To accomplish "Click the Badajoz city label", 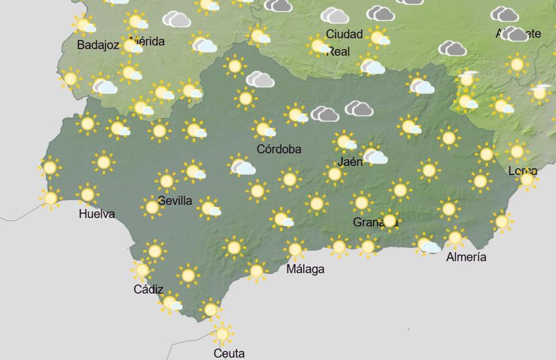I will tap(98, 45).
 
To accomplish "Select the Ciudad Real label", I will tap(343, 42).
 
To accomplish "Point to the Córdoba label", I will tap(279, 149).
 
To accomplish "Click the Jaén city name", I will tap(350, 162).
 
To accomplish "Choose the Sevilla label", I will tap(175, 201).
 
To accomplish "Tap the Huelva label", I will tap(97, 214).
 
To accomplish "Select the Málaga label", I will tap(305, 269).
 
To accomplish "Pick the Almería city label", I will tap(466, 257).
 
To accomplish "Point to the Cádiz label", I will tap(148, 290).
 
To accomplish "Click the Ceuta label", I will tap(229, 354).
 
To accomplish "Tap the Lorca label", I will tap(523, 171).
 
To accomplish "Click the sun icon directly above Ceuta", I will tap(222, 334).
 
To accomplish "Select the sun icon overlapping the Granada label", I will tap(389, 221).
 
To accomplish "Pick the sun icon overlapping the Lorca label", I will tap(527, 179).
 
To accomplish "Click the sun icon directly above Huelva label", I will tap(88, 195).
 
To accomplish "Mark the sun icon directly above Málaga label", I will tap(295, 249).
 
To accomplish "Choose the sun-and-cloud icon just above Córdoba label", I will tap(264, 129).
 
